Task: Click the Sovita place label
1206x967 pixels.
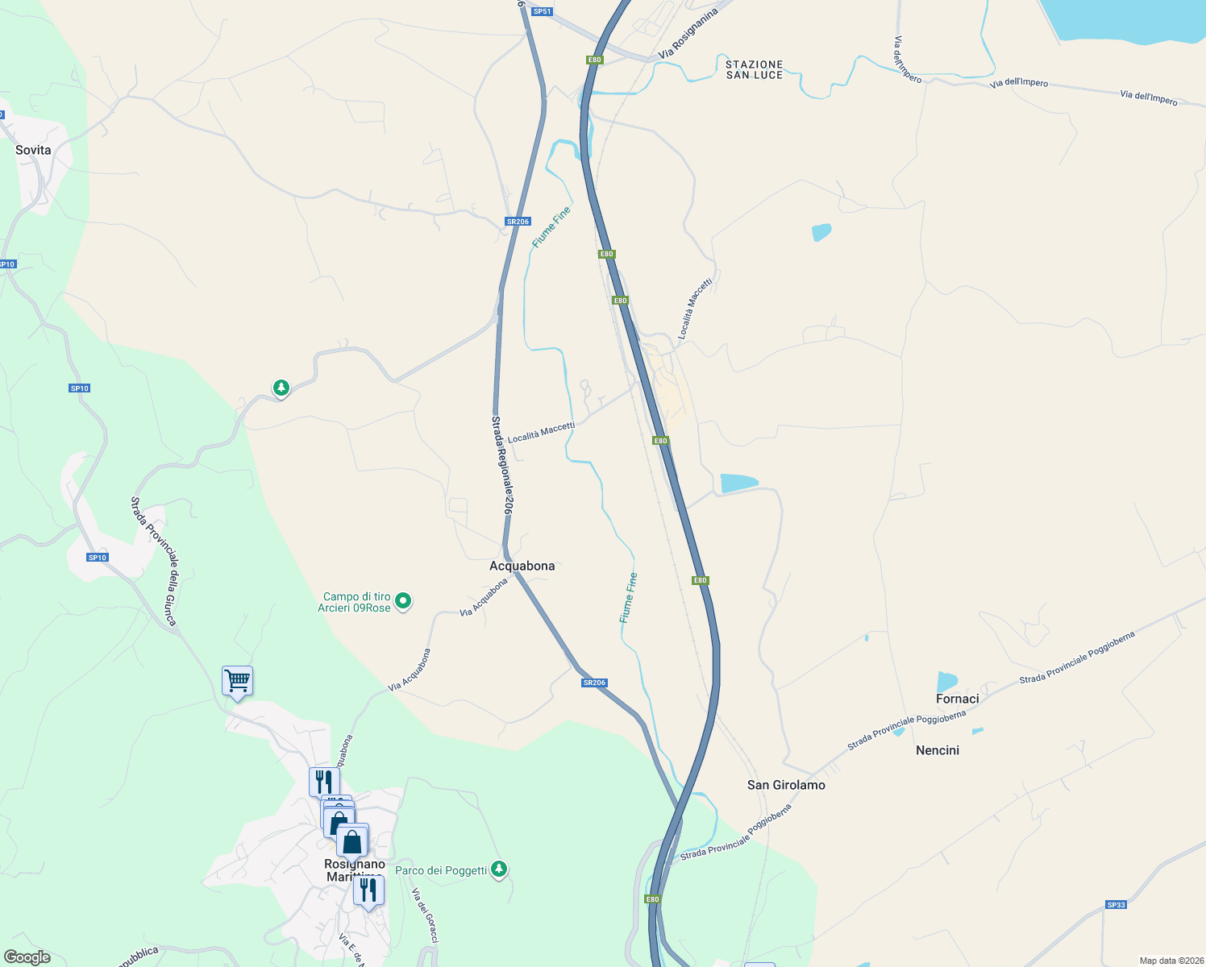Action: (x=33, y=151)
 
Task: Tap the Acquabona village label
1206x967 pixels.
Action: (x=522, y=567)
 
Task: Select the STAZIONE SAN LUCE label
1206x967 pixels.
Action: (x=754, y=70)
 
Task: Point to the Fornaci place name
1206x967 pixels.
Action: (x=957, y=699)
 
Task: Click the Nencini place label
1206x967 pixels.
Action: (x=938, y=750)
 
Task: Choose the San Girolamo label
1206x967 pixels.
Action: (x=786, y=785)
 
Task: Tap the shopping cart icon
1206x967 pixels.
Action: (x=237, y=682)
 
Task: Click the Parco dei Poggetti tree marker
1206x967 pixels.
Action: (x=500, y=869)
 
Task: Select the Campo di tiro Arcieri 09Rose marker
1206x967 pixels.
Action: (x=404, y=601)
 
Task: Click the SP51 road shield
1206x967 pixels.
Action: (x=542, y=11)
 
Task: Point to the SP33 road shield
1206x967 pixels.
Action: (x=1116, y=905)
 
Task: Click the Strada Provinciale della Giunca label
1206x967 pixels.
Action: (x=154, y=561)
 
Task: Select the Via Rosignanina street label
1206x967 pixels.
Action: (x=688, y=34)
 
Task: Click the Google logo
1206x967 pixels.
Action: (x=27, y=957)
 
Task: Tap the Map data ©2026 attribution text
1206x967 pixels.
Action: (x=1169, y=961)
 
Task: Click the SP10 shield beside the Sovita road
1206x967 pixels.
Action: (x=7, y=264)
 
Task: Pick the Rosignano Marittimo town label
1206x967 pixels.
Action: (x=355, y=870)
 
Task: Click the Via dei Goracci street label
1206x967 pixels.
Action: (x=425, y=915)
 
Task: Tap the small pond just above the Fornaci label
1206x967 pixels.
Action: (x=946, y=682)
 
